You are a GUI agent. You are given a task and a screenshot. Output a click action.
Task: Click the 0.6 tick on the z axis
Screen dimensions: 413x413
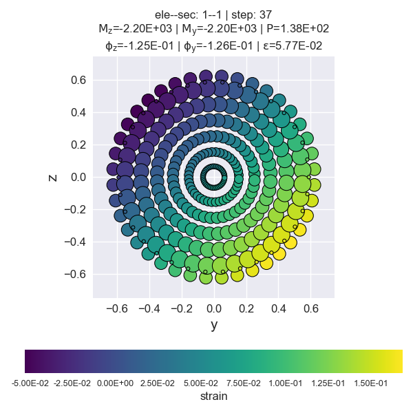[78, 81]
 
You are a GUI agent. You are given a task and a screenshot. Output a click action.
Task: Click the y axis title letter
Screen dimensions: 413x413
[214, 326]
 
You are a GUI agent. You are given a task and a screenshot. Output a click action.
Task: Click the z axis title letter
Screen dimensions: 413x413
[53, 178]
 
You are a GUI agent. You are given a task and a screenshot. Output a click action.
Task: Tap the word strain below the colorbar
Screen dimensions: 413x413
[213, 396]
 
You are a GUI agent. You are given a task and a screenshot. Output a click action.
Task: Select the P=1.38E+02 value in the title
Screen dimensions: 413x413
[297, 29]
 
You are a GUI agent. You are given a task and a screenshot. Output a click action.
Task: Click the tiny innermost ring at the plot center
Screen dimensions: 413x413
[214, 177]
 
